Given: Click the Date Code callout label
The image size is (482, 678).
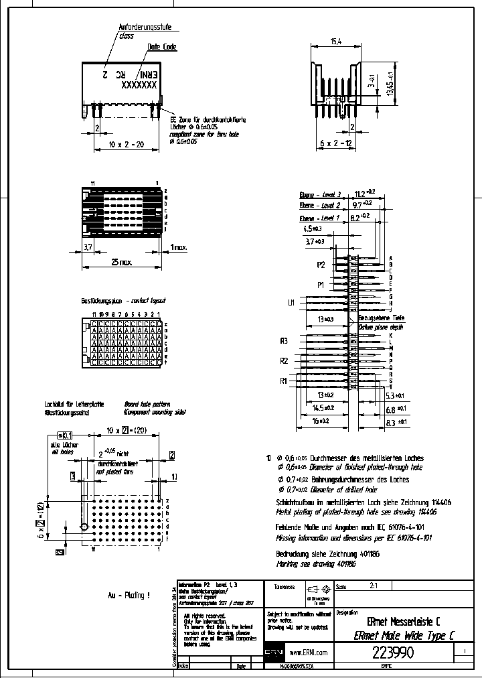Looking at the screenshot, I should [x=162, y=47].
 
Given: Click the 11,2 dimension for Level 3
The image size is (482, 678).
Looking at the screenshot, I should [x=365, y=193].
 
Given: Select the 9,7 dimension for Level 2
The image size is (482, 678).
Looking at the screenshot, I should [x=362, y=204].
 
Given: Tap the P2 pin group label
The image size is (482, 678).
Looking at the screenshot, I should [x=321, y=265].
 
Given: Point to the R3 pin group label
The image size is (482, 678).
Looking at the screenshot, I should [x=284, y=341].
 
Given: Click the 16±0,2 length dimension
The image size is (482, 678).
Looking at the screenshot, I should [x=321, y=421].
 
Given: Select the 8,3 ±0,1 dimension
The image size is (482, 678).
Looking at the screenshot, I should [x=398, y=423].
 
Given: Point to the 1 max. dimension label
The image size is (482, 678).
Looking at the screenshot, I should [x=179, y=247].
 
